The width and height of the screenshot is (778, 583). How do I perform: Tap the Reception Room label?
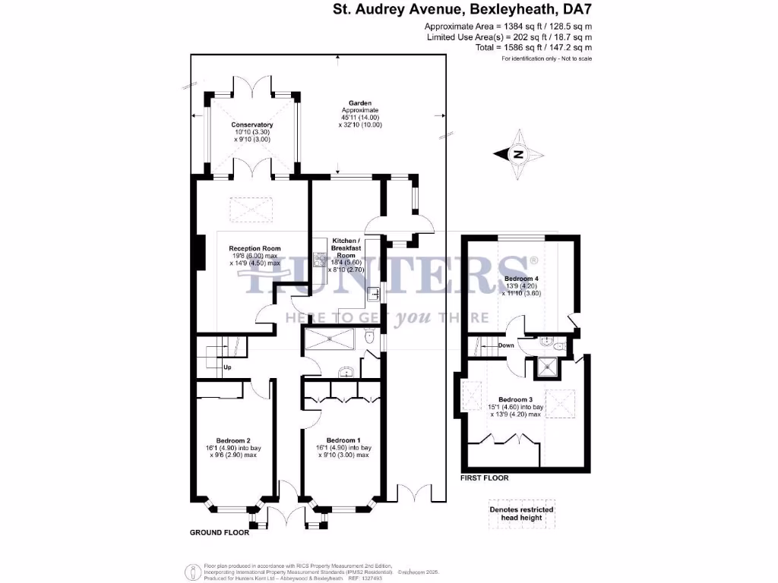255,248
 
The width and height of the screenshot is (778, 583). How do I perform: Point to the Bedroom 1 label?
343,440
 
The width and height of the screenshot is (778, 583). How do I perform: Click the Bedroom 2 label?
233,440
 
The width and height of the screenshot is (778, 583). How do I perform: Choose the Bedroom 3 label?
514,399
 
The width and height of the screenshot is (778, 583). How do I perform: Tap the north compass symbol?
518,154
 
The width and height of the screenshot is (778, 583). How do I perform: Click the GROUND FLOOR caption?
219,533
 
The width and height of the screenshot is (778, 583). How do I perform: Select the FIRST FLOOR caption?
485,478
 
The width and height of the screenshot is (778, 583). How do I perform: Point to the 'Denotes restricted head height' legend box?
520,514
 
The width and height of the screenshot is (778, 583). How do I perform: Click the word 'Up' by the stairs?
227,368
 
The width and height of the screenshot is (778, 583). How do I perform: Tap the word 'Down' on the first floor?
506,345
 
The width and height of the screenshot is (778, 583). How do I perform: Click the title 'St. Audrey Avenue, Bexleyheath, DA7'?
463,10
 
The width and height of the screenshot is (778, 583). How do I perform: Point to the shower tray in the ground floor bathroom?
328,339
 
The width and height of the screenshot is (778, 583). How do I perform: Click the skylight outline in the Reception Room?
244,207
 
